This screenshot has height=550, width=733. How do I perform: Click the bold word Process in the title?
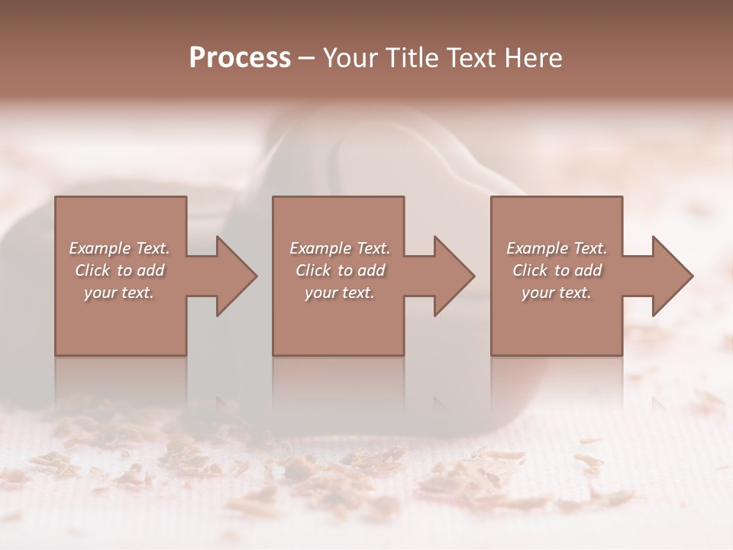(240, 58)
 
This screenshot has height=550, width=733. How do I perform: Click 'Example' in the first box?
(100, 248)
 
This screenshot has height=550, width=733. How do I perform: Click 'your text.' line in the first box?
(119, 293)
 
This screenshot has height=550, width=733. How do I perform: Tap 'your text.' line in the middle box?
(339, 293)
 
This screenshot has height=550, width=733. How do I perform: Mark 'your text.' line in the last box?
(556, 293)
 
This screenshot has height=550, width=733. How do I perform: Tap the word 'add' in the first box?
(150, 270)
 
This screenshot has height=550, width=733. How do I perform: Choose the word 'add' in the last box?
(588, 270)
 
